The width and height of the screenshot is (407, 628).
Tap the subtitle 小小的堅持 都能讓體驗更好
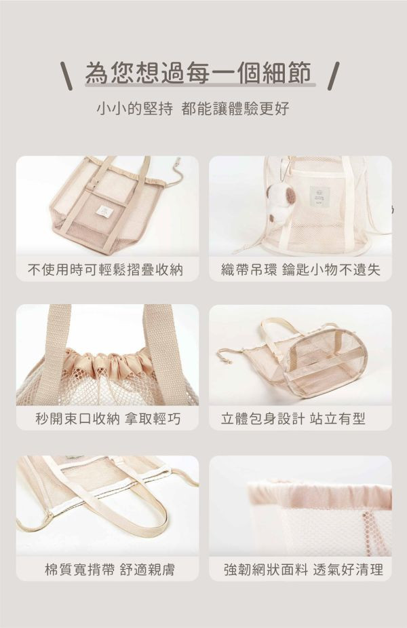193,109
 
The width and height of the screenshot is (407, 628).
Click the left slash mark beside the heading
68,75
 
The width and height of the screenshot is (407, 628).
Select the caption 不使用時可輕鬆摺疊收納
105,270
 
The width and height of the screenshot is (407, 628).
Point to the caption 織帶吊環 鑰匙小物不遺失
300,270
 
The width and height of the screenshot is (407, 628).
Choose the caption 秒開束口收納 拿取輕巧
108,419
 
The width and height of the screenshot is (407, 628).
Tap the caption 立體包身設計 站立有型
293,419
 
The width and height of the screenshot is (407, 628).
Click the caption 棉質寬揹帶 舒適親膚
110,569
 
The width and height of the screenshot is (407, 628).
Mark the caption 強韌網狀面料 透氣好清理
303,569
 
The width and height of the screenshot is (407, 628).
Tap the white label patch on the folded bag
106,210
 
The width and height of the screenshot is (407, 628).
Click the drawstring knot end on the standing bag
228,361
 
